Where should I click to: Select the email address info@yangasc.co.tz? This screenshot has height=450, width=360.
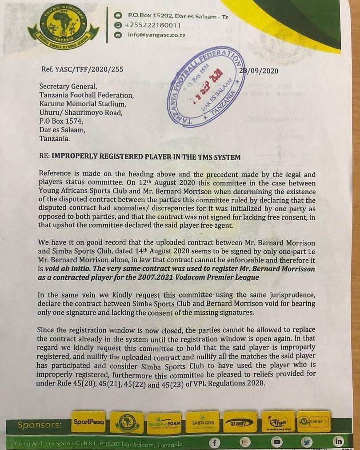click(157, 34)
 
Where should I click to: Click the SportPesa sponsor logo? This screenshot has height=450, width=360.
click(88, 422)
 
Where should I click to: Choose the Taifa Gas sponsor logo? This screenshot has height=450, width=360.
click(202, 422)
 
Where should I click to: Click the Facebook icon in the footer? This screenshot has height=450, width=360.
click(215, 442)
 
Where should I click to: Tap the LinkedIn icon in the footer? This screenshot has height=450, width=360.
click(339, 442)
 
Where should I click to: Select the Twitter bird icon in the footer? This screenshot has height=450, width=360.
click(308, 442)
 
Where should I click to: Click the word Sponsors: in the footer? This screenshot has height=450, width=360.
click(40, 425)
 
